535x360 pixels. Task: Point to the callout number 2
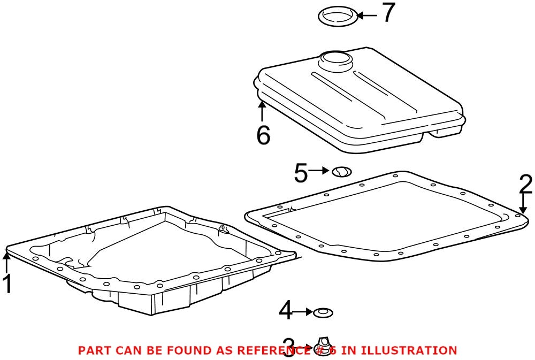(525, 185)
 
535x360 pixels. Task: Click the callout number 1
(7, 285)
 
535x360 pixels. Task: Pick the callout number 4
(286, 311)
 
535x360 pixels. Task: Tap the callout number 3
(289, 348)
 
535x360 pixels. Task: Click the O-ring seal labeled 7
(338, 16)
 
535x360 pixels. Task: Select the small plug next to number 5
(341, 172)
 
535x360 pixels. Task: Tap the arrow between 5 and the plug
(319, 170)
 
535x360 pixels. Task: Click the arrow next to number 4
(304, 311)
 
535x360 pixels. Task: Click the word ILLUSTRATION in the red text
(409, 351)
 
